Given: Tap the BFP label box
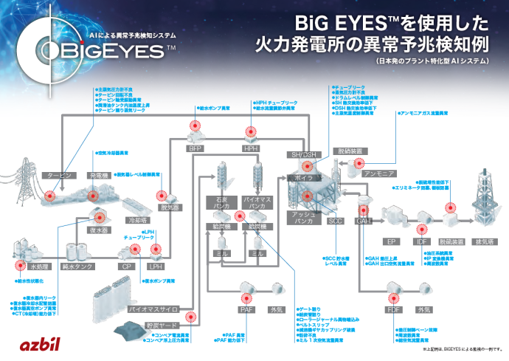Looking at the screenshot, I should [195, 148].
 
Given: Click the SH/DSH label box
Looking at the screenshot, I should [302, 153].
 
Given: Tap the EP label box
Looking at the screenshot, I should [392, 241].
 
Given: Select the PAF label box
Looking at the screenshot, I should [246, 310].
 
